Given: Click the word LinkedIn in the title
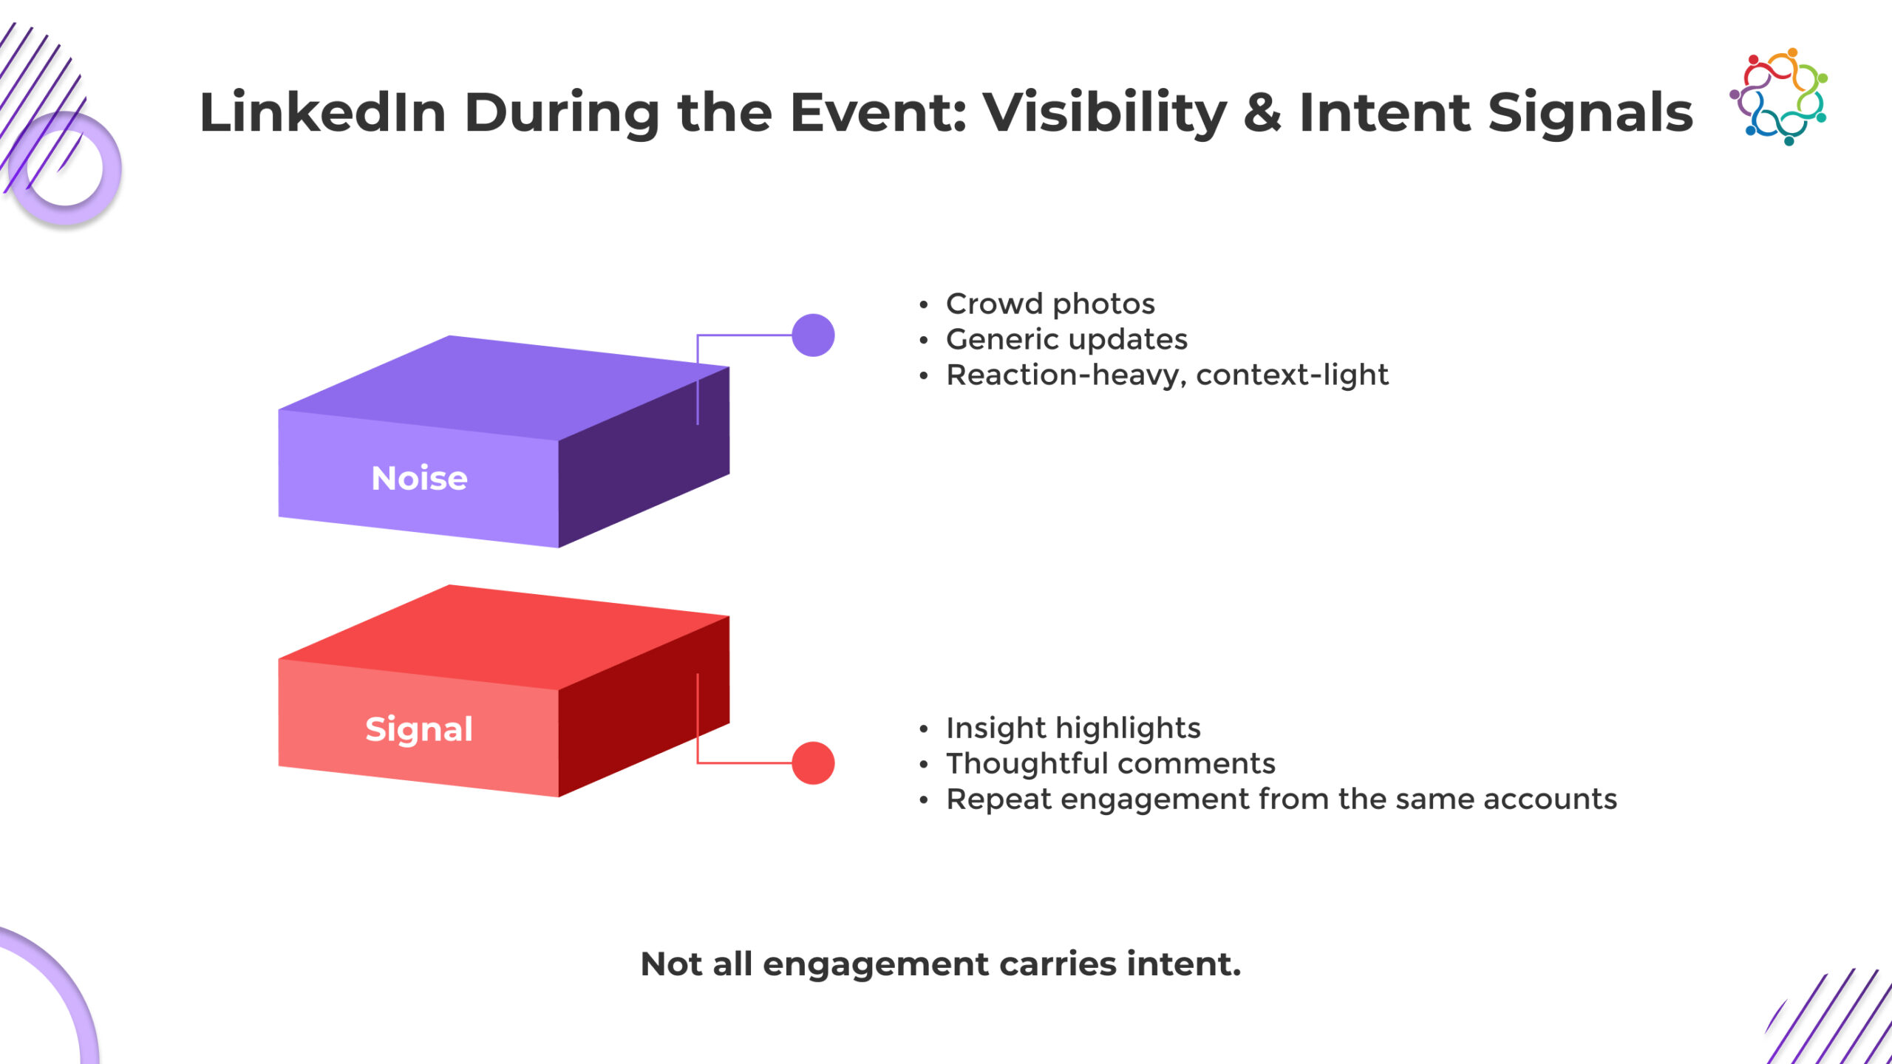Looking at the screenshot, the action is tap(323, 112).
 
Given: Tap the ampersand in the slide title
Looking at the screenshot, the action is tap(1262, 112).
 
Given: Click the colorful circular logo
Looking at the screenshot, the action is tap(1779, 97).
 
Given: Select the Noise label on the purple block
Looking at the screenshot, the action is tap(419, 478).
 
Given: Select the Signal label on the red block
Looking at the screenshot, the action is tap(419, 729).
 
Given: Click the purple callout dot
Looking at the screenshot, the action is tap(813, 335).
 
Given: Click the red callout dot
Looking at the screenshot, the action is tap(813, 763).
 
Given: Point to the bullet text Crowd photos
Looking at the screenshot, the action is tap(1050, 304).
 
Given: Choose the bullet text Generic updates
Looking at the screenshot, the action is tap(1066, 339).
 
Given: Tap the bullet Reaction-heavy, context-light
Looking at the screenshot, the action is tap(1168, 375).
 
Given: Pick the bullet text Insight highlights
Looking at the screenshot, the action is tap(1073, 728).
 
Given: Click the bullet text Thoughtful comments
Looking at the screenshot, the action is tap(1111, 763).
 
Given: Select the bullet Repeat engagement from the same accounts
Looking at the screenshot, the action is tap(1282, 799).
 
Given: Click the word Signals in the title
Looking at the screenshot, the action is tap(1590, 112).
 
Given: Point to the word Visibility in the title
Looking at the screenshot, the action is tap(1105, 112).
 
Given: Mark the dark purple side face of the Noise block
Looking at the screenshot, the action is tap(644, 457).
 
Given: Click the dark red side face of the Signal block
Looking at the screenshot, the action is tap(644, 706).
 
